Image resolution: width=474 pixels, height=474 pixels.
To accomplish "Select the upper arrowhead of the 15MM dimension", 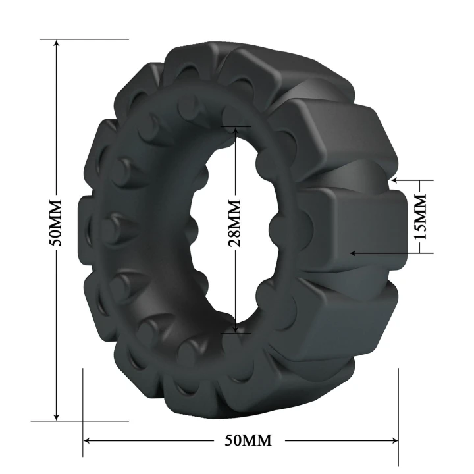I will pyautogui.click(x=394, y=179).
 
